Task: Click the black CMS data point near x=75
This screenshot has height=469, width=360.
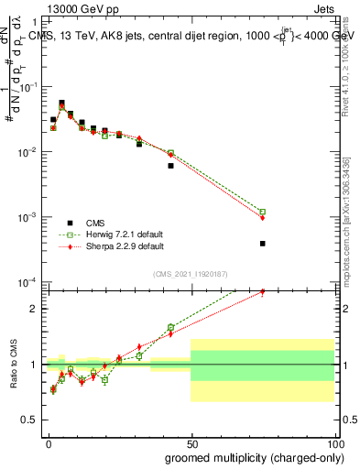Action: tap(262, 244)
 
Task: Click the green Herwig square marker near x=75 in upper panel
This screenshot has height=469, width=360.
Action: tap(262, 212)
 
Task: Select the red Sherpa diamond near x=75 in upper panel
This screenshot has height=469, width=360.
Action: tap(262, 218)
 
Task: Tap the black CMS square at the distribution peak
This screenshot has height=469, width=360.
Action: tap(61, 103)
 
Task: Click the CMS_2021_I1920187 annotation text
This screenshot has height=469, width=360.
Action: tap(191, 274)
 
